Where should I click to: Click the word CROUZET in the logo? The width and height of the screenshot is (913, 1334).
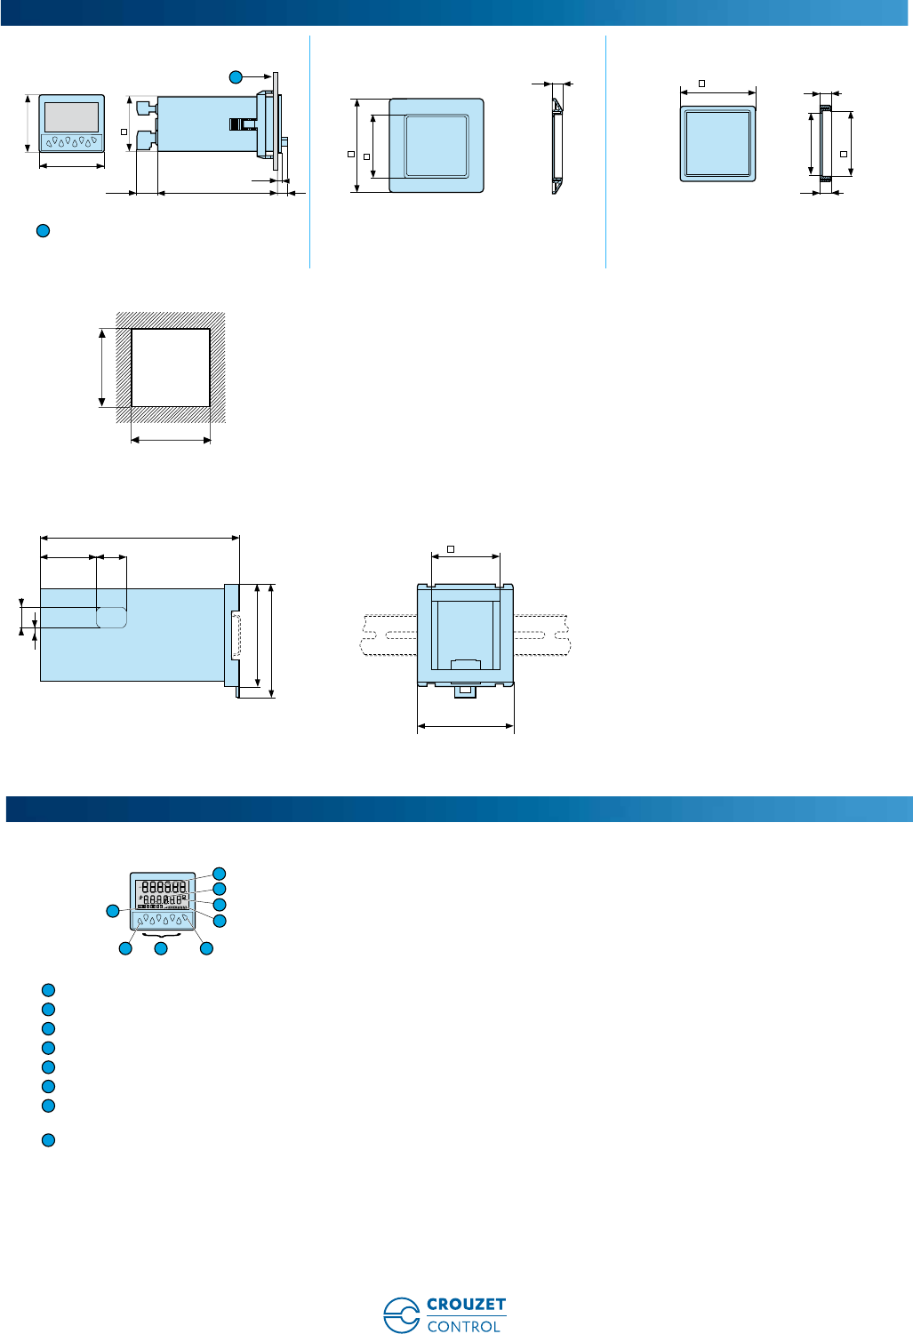coord(466,1305)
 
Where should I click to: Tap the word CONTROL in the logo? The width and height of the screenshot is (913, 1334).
coord(463,1326)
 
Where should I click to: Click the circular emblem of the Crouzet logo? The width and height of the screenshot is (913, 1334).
coord(401,1314)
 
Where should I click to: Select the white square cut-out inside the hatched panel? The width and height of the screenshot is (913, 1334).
coord(171,368)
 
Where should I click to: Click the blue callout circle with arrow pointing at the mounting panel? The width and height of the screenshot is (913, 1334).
coord(236,77)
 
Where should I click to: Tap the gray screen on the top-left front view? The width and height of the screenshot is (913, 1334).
coord(71,116)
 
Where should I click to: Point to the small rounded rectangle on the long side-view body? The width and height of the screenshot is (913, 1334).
coord(111,617)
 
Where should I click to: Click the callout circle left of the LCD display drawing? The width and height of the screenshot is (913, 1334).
coord(113,911)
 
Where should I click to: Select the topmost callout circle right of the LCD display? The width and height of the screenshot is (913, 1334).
coord(219,874)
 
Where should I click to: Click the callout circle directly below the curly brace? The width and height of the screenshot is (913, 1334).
coord(161,949)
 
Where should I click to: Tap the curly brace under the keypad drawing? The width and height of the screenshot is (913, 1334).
coord(162,936)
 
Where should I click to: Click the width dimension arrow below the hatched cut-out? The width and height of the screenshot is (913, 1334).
coord(171,439)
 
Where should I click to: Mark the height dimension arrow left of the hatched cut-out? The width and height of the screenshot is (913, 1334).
coord(103,368)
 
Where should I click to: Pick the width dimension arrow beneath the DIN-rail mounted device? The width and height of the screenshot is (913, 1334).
coord(466,726)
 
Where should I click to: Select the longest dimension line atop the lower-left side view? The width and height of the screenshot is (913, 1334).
coord(140,537)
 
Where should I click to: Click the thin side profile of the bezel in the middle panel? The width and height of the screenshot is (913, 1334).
coord(556,146)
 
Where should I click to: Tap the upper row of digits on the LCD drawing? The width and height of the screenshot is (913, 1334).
coord(164,886)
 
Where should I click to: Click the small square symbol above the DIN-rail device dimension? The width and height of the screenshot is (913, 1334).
coord(451,549)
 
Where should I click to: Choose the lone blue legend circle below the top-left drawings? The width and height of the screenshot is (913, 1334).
coord(42,231)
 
